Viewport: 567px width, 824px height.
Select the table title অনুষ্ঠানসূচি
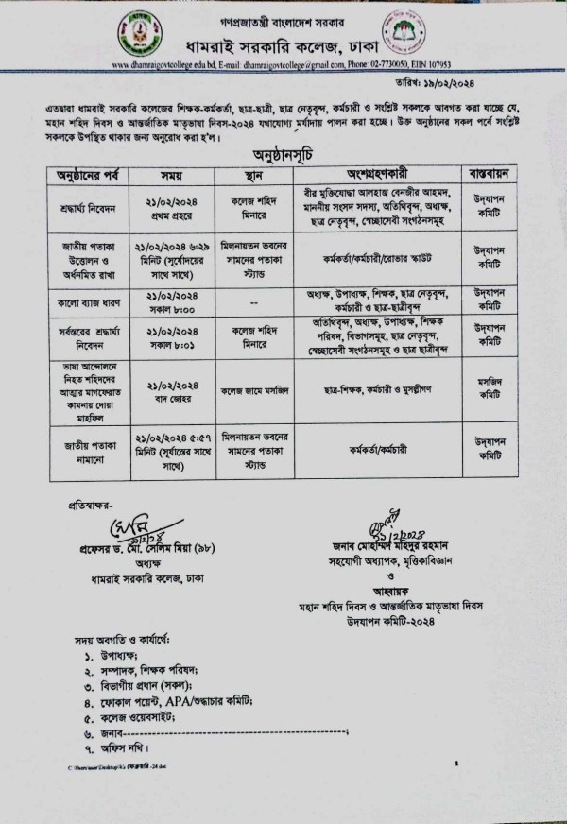(x=282, y=152)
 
